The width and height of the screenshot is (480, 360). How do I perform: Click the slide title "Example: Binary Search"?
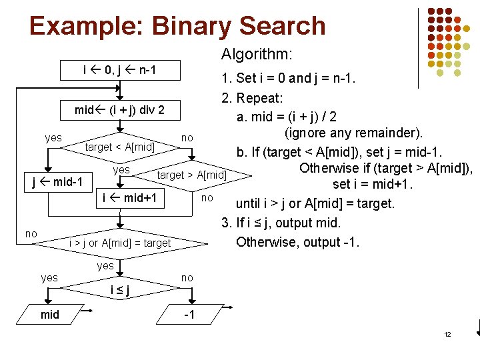pos(177,27)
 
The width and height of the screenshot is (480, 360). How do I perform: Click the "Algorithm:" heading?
pos(257,54)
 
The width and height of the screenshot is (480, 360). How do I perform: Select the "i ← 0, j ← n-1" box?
pos(120,69)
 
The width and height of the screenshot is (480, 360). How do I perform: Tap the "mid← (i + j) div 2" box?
pos(120,109)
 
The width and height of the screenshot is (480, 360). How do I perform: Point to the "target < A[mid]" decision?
pos(120,146)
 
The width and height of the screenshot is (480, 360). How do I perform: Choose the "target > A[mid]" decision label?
pos(192,175)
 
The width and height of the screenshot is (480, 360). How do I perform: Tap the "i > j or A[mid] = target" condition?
pos(120,243)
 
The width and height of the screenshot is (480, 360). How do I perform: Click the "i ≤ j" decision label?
pos(120,289)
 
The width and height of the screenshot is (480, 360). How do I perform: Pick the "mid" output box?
pos(50,315)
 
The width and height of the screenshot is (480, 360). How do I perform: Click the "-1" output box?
pos(189,315)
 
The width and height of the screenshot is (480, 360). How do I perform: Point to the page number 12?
pos(447,334)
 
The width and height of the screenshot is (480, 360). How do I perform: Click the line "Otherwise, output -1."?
pos(298,241)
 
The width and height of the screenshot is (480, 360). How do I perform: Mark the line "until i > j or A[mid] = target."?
pos(315,203)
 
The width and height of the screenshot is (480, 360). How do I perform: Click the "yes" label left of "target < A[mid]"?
pos(53,138)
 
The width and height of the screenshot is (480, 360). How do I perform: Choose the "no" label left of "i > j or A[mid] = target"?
pos(31,233)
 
